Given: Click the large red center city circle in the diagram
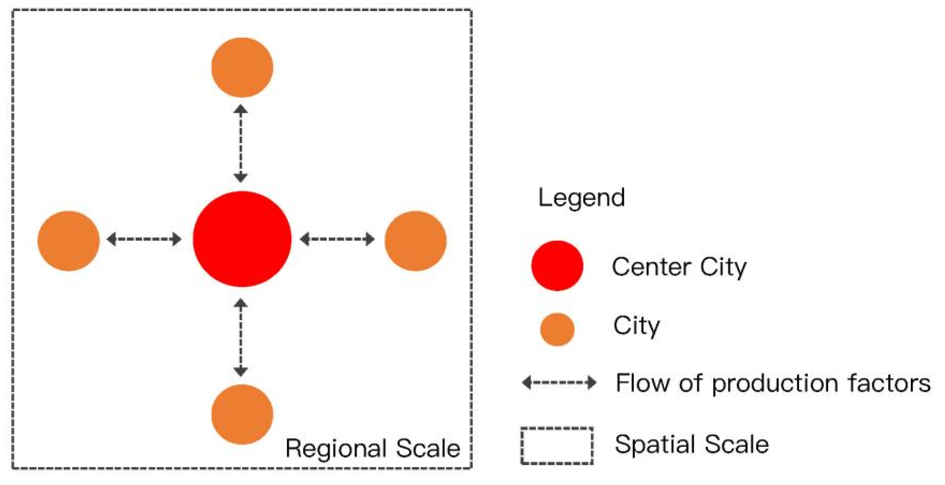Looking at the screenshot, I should [242, 239].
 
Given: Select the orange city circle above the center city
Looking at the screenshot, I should [242, 67].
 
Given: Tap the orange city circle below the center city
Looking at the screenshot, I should [242, 414].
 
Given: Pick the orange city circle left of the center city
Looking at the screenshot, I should [68, 241].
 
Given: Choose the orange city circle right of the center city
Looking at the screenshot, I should [415, 241].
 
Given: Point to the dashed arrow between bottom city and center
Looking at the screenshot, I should [240, 337].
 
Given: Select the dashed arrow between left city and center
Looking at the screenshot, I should [144, 239].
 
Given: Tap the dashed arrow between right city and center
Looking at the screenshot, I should [337, 239].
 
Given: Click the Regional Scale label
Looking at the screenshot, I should [373, 448].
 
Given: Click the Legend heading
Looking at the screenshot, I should [581, 197].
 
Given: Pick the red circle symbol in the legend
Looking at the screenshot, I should [557, 266].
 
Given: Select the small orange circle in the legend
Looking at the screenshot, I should [557, 329].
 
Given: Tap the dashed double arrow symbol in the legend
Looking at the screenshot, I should [559, 382].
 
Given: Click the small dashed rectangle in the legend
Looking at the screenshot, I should [557, 446].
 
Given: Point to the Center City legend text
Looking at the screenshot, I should [679, 267].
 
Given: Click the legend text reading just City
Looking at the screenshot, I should [636, 326].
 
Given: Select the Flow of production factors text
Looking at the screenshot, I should [773, 383].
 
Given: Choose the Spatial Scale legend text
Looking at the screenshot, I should [692, 444].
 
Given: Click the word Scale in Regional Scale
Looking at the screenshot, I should [428, 448].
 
